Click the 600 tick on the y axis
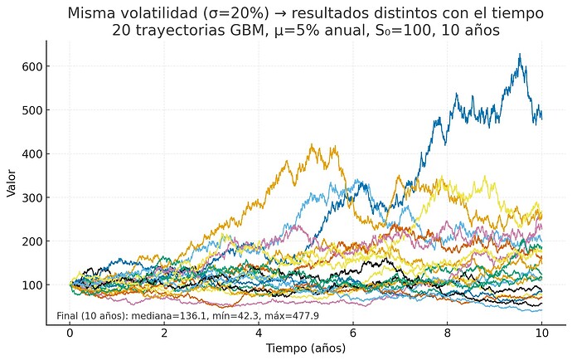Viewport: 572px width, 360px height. point(32,66)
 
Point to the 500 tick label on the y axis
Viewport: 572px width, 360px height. point(32,110)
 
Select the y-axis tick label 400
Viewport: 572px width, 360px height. point(32,154)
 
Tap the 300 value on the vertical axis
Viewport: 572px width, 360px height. point(32,197)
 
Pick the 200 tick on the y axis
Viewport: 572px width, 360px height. point(32,241)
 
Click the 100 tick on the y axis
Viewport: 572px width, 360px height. point(32,285)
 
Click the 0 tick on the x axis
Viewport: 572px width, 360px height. point(70,333)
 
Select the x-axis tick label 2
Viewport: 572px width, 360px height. point(164,333)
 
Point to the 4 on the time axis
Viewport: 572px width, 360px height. point(259,333)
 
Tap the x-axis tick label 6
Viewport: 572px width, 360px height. point(353,333)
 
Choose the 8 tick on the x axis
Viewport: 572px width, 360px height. point(448,333)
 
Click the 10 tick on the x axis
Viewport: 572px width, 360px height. point(542,333)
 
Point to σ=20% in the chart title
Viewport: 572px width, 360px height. point(229,14)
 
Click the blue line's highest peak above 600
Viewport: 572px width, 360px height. point(520,55)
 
